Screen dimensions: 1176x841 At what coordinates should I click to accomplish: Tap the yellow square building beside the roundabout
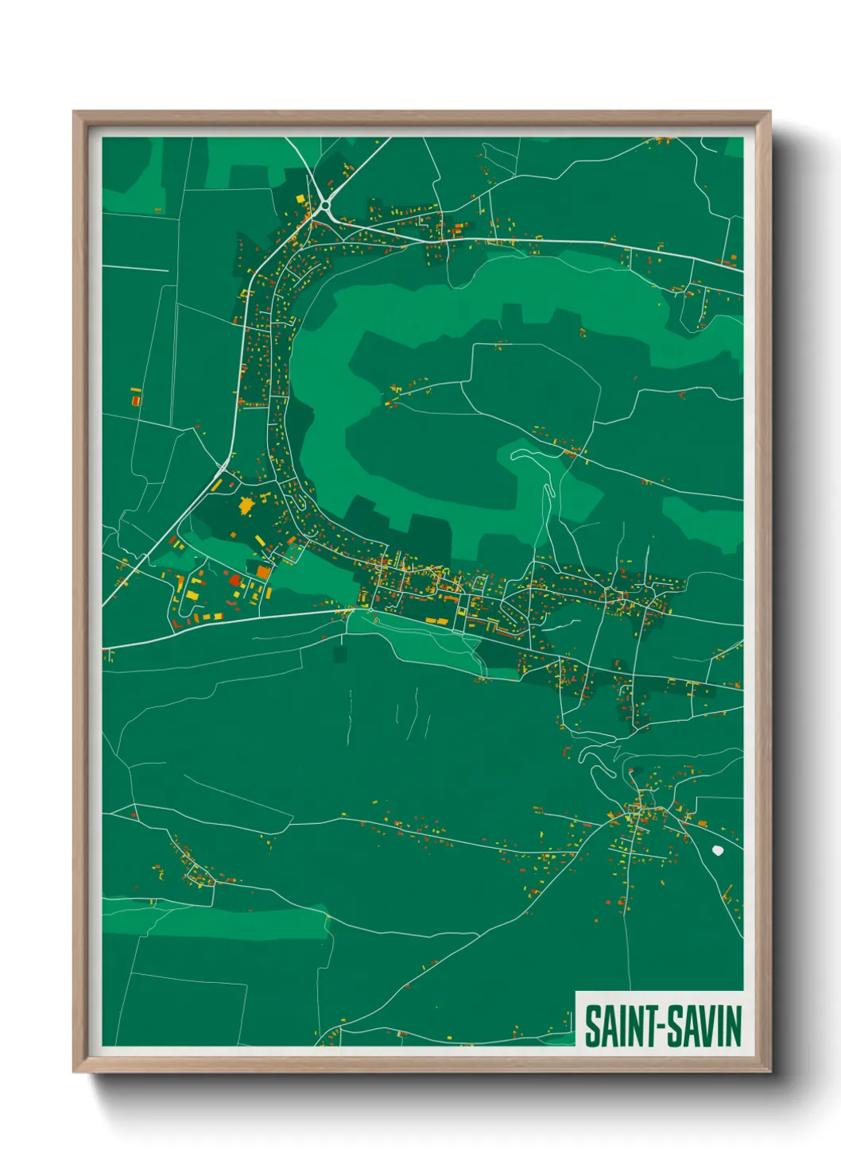(x=299, y=199)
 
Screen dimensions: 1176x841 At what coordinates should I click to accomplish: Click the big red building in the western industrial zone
(x=234, y=580)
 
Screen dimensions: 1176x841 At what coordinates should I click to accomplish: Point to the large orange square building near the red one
(x=263, y=571)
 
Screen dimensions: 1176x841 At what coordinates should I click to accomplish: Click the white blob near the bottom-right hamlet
(x=719, y=850)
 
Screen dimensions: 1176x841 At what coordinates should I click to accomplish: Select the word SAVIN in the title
(x=703, y=1027)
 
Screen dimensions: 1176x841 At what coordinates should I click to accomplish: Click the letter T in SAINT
(x=648, y=1027)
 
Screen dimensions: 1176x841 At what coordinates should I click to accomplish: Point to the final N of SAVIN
(x=734, y=1027)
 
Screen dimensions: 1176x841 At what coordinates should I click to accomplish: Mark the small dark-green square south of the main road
(x=340, y=654)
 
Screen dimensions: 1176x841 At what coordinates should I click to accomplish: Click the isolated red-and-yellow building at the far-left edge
(x=136, y=397)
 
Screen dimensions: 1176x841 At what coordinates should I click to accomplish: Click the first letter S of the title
(x=592, y=1027)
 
